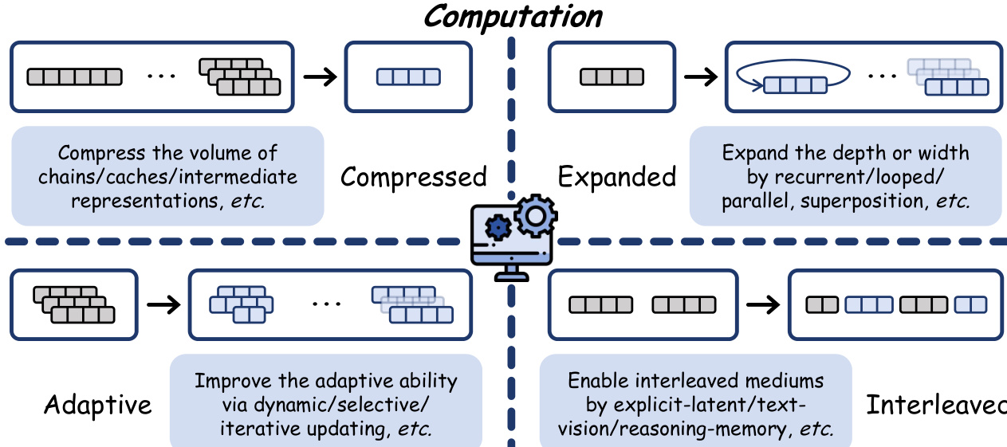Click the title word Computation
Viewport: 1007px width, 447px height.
pyautogui.click(x=513, y=16)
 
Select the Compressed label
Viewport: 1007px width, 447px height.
pyautogui.click(x=413, y=176)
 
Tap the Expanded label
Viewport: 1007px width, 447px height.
pyautogui.click(x=616, y=176)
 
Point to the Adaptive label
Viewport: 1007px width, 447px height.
pyautogui.click(x=97, y=405)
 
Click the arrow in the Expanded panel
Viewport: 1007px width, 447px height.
pyautogui.click(x=701, y=76)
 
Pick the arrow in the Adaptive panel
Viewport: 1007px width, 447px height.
pyautogui.click(x=163, y=305)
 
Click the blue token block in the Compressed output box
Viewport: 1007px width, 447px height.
pyautogui.click(x=408, y=77)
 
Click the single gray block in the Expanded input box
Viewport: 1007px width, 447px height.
pyautogui.click(x=611, y=77)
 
